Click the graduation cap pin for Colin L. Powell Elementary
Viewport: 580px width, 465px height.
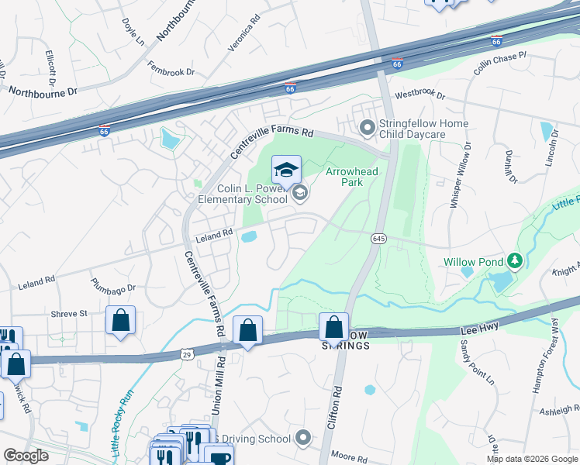point(285,170)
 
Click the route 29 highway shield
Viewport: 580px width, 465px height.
point(187,354)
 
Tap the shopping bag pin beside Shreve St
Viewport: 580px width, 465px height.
point(120,321)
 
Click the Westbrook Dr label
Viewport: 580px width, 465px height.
point(420,96)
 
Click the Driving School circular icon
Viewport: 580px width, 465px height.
point(302,439)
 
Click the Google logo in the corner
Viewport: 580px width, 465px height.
point(26,456)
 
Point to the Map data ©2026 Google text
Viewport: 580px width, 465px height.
point(532,459)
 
